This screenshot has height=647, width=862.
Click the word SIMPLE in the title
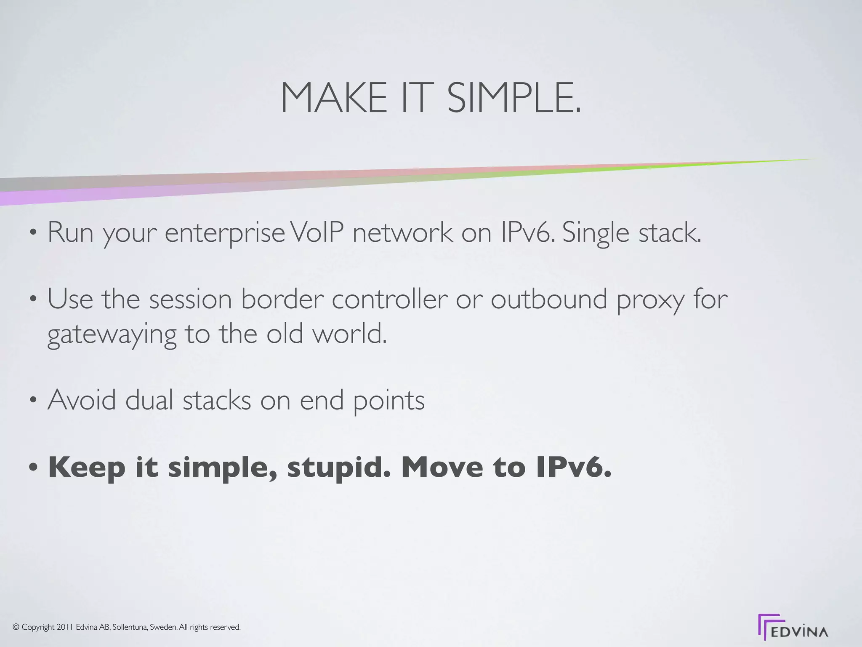coord(514,98)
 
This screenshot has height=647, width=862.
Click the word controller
coord(390,299)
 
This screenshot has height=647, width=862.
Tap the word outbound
coord(549,299)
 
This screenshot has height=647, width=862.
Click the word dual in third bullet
coord(149,400)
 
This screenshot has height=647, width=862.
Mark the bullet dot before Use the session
coord(33,300)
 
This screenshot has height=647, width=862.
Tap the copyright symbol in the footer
coord(16,627)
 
